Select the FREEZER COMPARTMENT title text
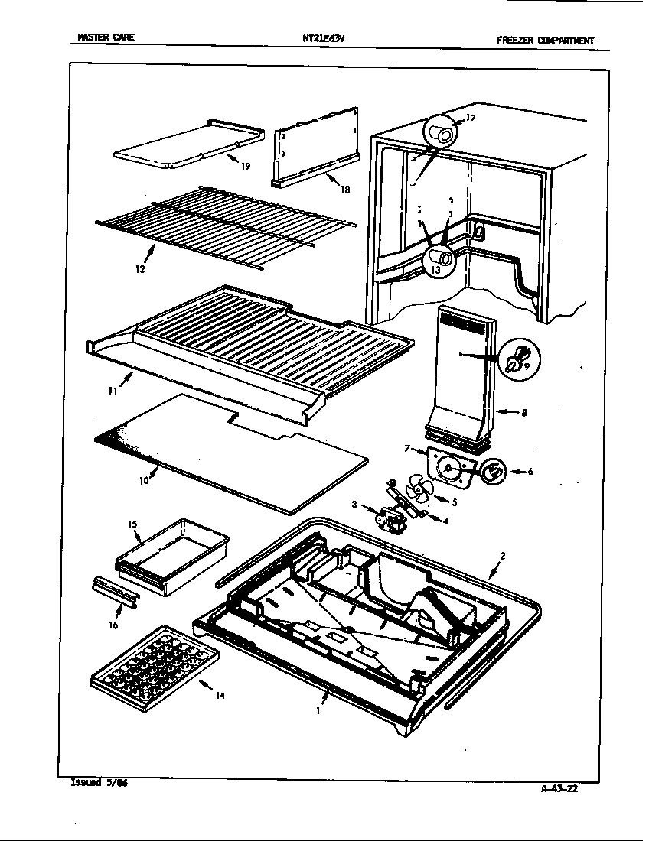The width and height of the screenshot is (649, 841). [x=544, y=41]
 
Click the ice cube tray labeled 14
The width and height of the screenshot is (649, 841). [x=153, y=659]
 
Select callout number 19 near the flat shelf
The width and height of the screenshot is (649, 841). [x=245, y=166]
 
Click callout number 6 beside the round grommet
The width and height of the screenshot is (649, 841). [x=530, y=472]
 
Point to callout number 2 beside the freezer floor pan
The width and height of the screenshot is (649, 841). [x=503, y=556]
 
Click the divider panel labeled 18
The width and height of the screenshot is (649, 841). [x=314, y=149]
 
